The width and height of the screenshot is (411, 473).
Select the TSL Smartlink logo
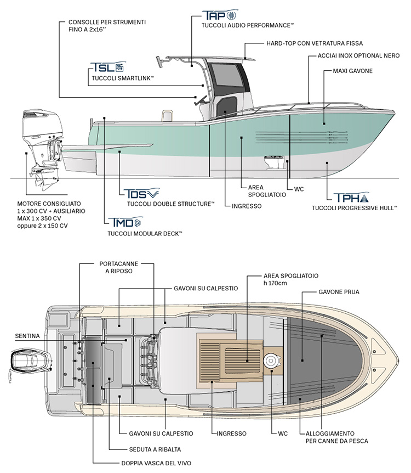pos(107,69)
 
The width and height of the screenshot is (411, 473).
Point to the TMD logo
pos(125,222)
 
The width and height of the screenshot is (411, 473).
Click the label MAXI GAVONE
pos(353,71)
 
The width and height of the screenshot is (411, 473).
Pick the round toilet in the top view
pos(271,361)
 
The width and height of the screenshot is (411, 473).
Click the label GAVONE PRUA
pos(339,292)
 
